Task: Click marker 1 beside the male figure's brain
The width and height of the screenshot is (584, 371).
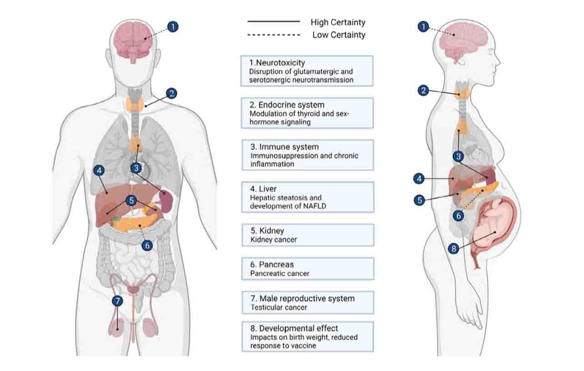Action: [x=172, y=26]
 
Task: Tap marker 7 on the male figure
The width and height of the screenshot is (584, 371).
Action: [x=117, y=301]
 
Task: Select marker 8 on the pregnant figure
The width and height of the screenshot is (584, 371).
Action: [x=453, y=249]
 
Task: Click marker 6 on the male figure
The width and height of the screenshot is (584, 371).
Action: [x=146, y=245]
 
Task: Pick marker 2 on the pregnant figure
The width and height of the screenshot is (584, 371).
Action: [x=423, y=90]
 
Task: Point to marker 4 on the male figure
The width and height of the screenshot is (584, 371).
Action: [x=99, y=170]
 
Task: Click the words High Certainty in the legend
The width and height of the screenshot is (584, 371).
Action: [x=338, y=22]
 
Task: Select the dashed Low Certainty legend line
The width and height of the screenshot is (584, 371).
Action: [x=274, y=35]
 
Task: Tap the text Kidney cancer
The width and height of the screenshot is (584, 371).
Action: [x=273, y=239]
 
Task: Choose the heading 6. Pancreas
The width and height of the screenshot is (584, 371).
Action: [x=272, y=265]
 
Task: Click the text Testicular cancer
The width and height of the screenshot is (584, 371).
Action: [x=278, y=307]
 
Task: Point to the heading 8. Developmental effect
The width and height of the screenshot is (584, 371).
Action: [x=294, y=328]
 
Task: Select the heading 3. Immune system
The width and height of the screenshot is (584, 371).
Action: [x=284, y=147]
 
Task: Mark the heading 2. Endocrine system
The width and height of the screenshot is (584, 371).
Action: [x=287, y=105]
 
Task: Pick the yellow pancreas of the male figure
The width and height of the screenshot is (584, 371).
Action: [x=134, y=224]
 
